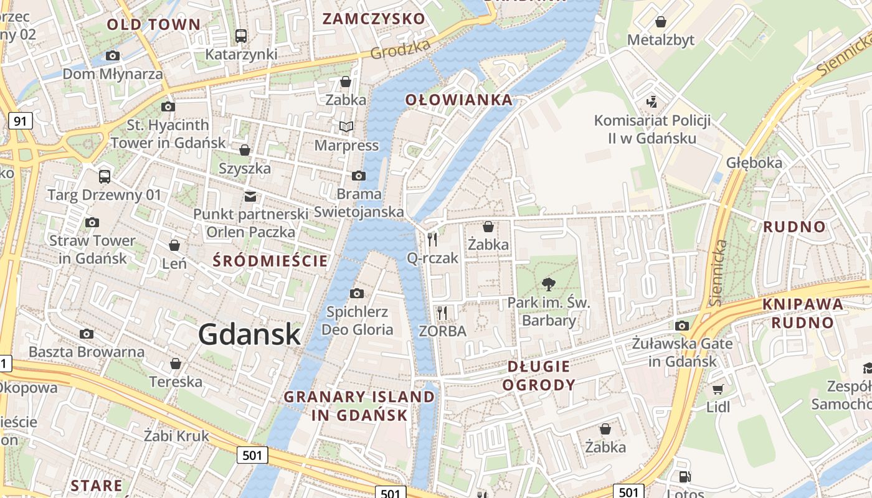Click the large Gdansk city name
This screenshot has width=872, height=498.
coord(250,335)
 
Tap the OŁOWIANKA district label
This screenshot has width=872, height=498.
coord(459,100)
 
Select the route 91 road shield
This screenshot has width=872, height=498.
coord(20,121)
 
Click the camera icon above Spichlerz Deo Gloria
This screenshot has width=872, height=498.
coord(357,293)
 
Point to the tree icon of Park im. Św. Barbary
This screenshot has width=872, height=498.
coord(549,284)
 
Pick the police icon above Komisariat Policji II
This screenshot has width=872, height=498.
coord(652,101)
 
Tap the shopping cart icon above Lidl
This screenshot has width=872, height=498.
coord(718,389)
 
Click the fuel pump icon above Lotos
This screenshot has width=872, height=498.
coord(684,477)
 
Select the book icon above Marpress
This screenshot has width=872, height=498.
coord(346,127)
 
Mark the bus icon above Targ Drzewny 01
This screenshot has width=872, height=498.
coord(105,176)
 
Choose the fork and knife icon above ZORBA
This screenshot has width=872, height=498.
coord(442,312)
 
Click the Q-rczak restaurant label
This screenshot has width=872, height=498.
coord(432,258)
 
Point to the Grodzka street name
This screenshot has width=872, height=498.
coord(400,49)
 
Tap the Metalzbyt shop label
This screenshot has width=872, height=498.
coord(660,40)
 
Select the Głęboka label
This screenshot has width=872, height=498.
coord(754,162)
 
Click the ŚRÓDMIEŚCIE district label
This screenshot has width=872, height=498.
coord(270,261)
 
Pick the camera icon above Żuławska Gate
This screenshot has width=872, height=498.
coord(682,326)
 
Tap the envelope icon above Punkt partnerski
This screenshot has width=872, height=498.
coord(250,197)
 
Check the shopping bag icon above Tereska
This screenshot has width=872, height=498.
coord(176,364)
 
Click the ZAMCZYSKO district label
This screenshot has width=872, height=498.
coord(373,19)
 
